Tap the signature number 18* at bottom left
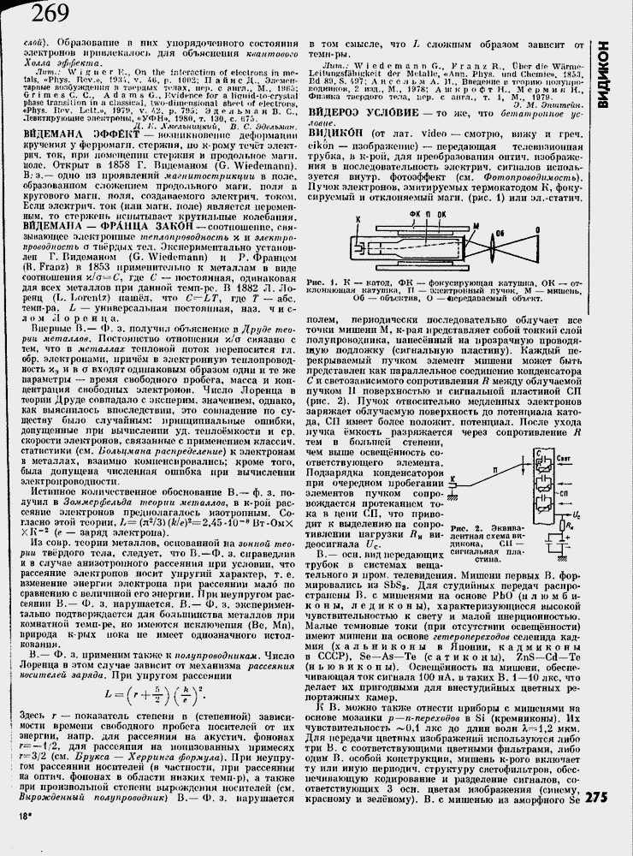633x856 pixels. pyautogui.click(x=22, y=839)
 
